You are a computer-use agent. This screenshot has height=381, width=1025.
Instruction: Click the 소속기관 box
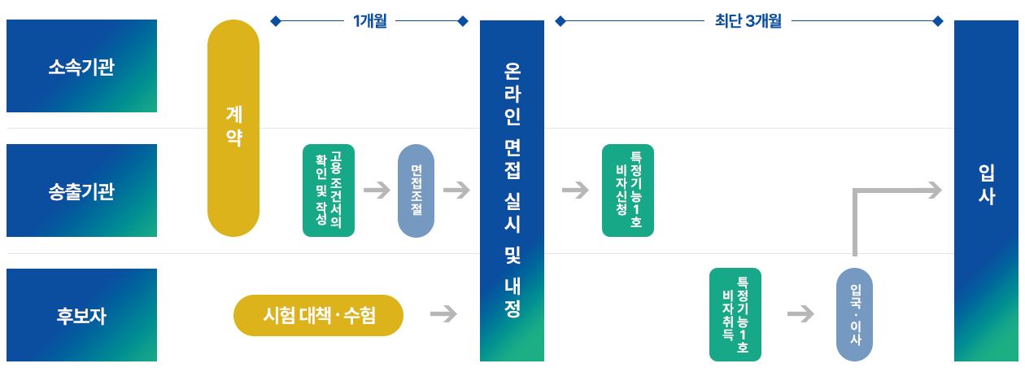[x=81, y=66]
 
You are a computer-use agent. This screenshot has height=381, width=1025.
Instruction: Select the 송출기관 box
[x=81, y=190]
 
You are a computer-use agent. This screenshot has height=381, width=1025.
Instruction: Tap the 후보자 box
[x=81, y=315]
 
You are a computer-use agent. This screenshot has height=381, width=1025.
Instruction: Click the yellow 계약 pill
[x=233, y=129]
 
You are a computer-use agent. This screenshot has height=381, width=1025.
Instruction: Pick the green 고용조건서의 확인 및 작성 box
[x=329, y=190]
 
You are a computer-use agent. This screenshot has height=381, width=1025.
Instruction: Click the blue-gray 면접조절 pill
[x=416, y=190]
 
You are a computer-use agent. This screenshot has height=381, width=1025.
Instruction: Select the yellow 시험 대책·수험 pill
[x=319, y=316]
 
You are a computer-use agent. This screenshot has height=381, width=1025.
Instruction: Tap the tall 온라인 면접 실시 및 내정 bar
[x=512, y=190]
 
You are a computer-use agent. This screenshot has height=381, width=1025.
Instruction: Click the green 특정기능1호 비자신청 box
[x=628, y=190]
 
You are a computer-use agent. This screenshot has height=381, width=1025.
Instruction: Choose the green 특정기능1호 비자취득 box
[x=735, y=314]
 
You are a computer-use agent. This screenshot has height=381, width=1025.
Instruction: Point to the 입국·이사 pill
[x=854, y=314]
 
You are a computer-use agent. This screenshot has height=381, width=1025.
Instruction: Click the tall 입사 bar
[x=986, y=190]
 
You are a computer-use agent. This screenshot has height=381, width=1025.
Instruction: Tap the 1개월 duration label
[x=369, y=21]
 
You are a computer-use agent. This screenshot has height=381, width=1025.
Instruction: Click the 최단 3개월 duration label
[x=748, y=21]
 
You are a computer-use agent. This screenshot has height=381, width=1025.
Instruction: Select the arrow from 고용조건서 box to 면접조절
[x=377, y=190]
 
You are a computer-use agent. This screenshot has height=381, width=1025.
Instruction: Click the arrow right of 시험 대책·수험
[x=443, y=314]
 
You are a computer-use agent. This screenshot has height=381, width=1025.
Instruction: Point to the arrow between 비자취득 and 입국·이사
[x=800, y=314]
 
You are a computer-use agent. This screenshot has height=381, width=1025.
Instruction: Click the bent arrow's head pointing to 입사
[x=935, y=190]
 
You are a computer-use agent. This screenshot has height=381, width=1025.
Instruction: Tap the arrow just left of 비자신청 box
[x=575, y=190]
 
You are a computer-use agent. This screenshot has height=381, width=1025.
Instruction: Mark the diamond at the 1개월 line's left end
[x=276, y=21]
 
